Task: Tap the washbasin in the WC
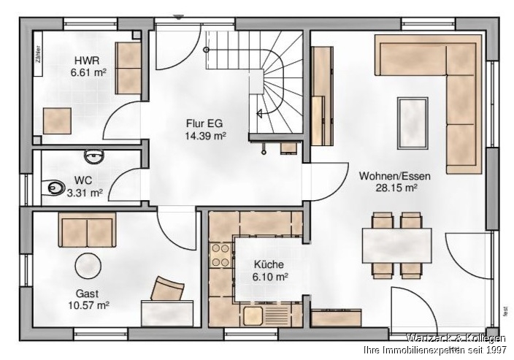(93, 157)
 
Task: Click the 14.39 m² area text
(205, 136)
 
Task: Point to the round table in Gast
(88, 266)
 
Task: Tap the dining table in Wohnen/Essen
(396, 245)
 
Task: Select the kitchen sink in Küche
(253, 316)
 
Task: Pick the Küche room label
(270, 264)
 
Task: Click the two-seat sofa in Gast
(87, 231)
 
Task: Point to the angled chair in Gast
(167, 288)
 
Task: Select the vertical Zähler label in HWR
(38, 55)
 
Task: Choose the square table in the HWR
(57, 120)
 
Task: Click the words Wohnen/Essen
(395, 175)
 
